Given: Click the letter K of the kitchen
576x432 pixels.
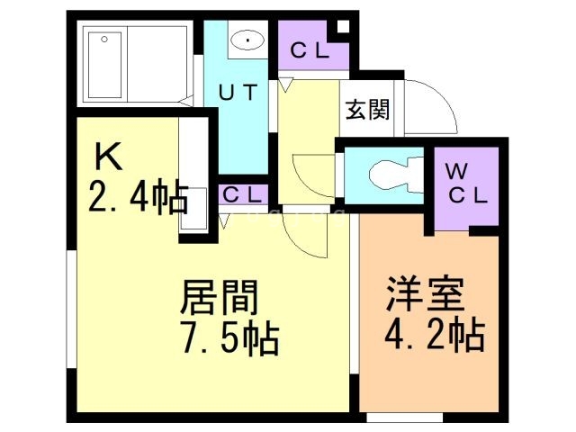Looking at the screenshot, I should (108, 158).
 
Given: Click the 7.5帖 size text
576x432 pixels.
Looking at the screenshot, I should (229, 339).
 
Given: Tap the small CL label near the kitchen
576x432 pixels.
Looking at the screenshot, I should (242, 194).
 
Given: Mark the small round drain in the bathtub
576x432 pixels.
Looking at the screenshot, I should (104, 40).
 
